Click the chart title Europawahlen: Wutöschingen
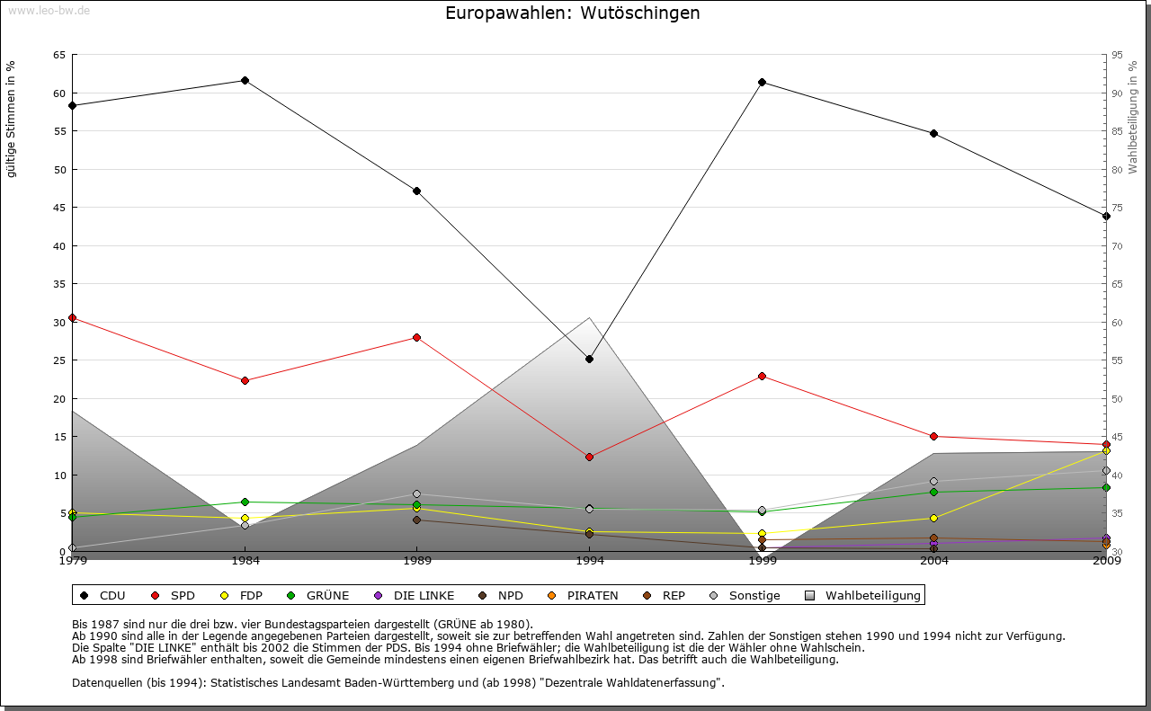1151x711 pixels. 573,13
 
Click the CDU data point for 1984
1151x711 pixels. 245,81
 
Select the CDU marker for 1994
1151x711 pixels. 589,360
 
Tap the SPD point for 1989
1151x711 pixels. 416,338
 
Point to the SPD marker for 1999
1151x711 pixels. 762,376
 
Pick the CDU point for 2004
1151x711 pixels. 933,134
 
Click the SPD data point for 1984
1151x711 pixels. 245,381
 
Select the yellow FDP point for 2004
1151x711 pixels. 933,519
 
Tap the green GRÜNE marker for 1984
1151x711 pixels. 245,502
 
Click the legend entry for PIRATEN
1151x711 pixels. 584,595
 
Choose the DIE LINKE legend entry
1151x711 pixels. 415,595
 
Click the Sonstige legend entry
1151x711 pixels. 745,595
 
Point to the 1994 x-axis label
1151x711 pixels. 589,561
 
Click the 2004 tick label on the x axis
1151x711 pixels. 933,561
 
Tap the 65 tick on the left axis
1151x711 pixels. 59,55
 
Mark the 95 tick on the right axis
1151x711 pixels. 1117,55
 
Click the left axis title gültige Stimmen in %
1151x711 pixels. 12,120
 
